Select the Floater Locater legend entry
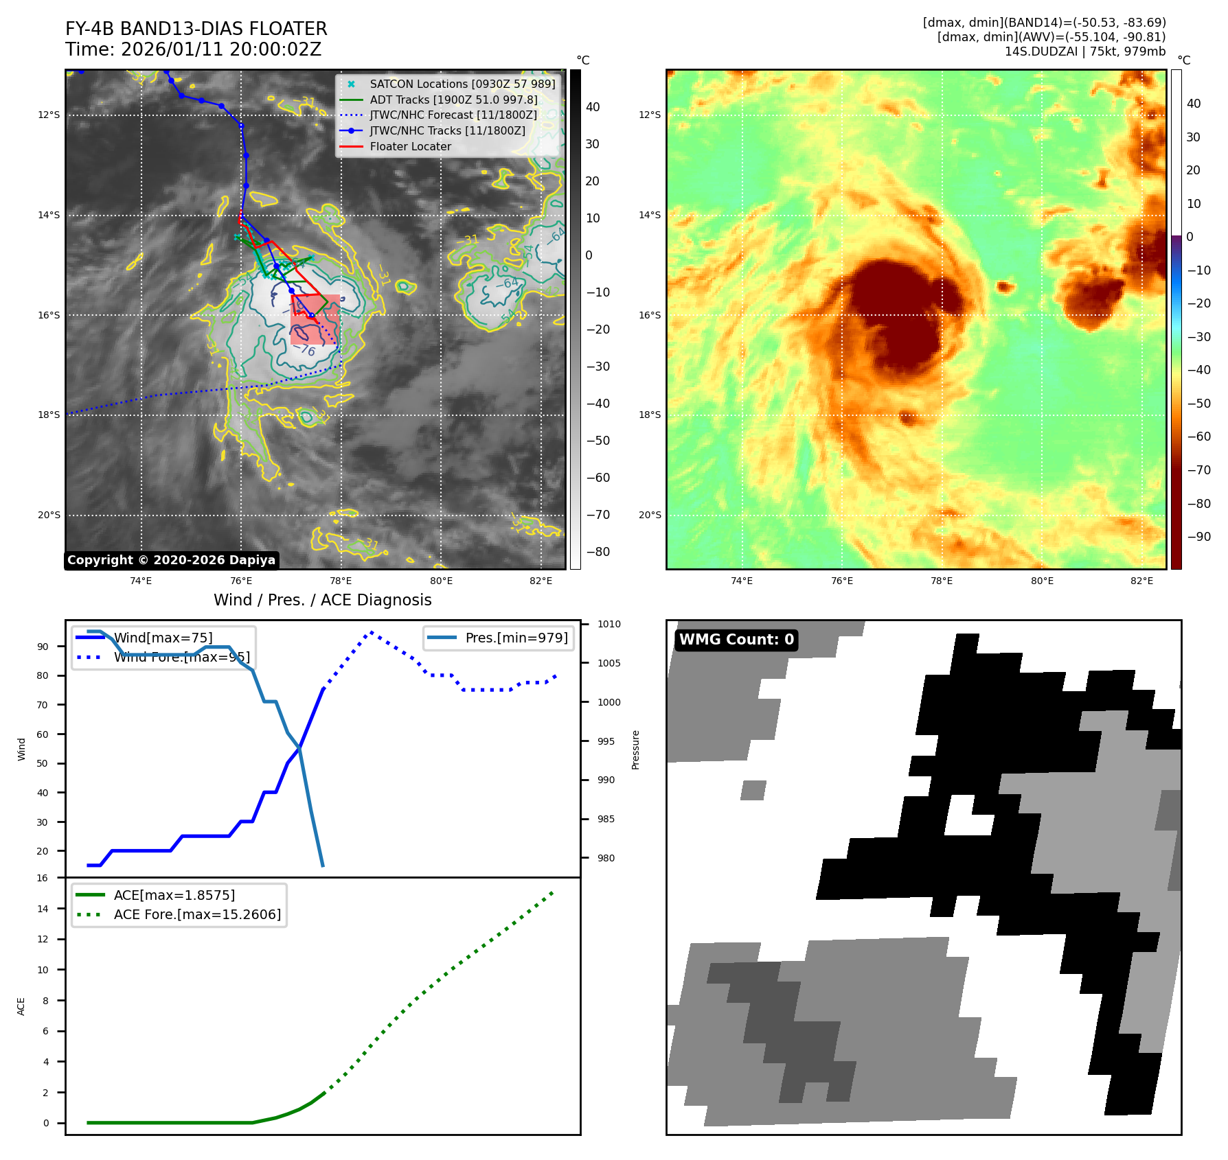(410, 147)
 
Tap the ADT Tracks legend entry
(453, 100)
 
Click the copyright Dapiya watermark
(171, 560)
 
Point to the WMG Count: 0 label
(736, 640)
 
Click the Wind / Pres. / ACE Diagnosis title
(322, 600)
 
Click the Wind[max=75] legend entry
(163, 638)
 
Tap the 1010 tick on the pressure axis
(609, 624)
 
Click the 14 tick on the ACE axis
(43, 909)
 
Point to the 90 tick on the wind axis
(43, 647)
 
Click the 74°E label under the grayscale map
(141, 581)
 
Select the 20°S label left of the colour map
(650, 515)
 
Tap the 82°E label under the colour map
(1141, 581)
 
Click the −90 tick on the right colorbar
(1199, 537)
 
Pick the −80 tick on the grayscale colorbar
(598, 552)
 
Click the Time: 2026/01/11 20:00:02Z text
(193, 49)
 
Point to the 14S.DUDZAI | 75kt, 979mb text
(1084, 51)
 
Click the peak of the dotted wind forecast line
(372, 632)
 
